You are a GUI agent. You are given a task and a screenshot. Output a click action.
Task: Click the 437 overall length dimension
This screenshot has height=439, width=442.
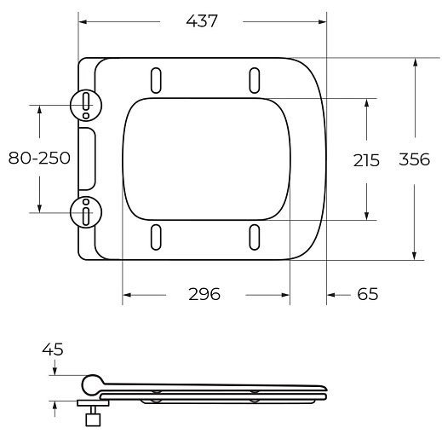click(202, 21)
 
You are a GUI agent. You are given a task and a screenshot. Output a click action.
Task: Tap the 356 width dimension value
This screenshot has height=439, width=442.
click(415, 159)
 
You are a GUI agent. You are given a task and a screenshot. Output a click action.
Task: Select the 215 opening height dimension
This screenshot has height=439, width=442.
click(366, 160)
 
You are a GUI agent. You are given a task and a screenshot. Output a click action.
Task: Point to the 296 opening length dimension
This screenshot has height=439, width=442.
click(204, 294)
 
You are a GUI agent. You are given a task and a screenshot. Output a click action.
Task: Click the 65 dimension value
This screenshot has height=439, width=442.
click(368, 294)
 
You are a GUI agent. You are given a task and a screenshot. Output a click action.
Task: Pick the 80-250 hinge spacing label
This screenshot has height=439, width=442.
click(39, 158)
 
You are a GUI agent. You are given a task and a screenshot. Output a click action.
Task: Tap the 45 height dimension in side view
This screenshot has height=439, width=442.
click(53, 349)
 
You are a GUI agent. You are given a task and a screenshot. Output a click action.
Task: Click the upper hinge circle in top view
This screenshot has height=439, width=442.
click(86, 106)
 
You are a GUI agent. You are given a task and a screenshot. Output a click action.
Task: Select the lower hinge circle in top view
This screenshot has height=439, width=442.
click(86, 212)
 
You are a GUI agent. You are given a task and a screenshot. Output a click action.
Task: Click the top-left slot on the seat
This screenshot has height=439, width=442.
click(156, 80)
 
